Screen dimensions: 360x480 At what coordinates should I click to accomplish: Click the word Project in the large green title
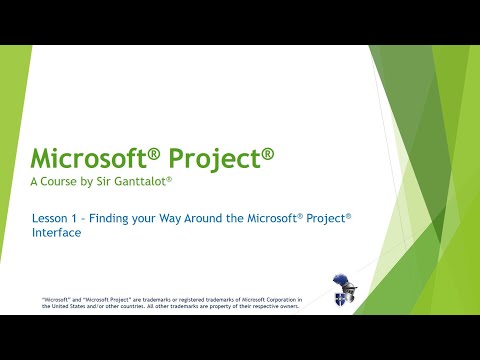pos(228,158)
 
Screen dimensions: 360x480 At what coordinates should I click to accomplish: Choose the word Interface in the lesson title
pos(57,232)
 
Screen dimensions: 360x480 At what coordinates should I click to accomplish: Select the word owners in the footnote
pos(279,306)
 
